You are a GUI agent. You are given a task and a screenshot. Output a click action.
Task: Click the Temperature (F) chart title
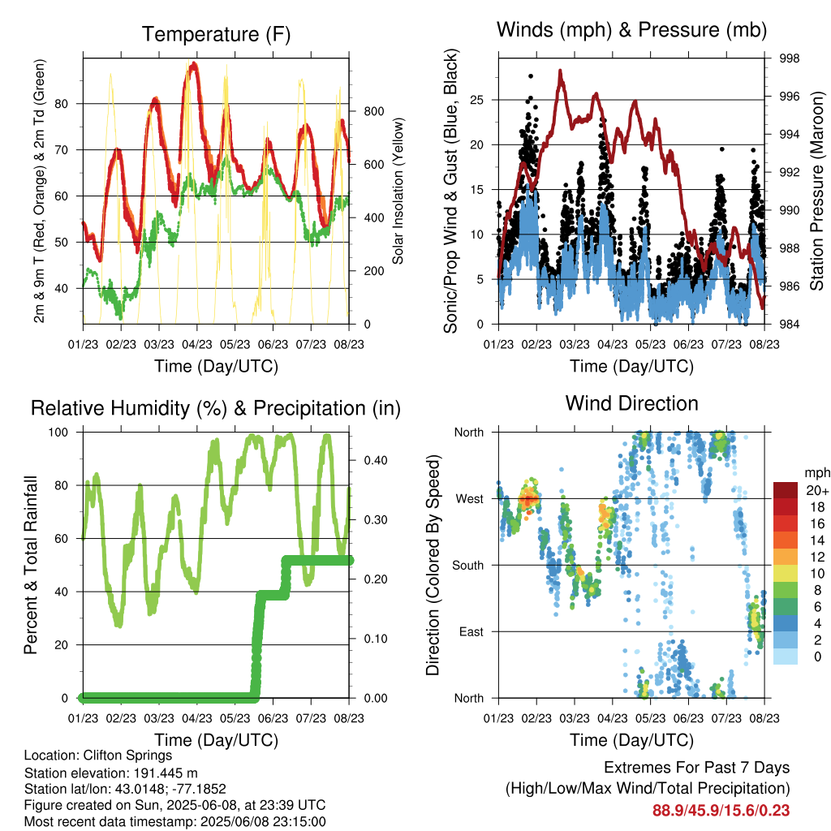(x=216, y=34)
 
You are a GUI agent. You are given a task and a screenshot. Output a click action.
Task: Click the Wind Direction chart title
(x=631, y=403)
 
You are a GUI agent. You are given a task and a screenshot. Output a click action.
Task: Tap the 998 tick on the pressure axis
(x=789, y=58)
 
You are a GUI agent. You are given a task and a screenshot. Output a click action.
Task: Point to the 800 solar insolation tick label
(x=373, y=111)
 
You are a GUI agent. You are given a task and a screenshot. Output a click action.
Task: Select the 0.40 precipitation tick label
(x=376, y=460)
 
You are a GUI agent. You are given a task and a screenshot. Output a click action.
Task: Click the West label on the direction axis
(x=470, y=499)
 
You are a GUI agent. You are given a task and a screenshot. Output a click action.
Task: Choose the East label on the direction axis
(x=471, y=631)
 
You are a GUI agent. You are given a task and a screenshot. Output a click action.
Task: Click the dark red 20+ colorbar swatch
(x=786, y=490)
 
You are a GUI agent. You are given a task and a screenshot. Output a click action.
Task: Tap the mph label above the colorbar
(x=816, y=473)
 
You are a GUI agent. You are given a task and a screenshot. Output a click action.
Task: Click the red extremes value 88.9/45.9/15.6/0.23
(x=721, y=811)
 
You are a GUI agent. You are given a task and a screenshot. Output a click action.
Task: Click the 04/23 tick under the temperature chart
(x=197, y=344)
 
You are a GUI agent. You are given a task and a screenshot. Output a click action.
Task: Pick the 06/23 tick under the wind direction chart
(x=688, y=718)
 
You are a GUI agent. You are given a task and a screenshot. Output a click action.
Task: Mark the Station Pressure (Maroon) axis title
(x=816, y=191)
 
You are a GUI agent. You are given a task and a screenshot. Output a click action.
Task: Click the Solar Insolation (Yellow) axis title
(x=398, y=191)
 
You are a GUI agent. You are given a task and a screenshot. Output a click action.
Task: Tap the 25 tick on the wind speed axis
(x=477, y=100)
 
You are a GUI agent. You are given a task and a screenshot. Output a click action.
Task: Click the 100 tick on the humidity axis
(x=58, y=432)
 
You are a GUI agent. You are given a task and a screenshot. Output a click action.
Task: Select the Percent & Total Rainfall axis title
(x=31, y=565)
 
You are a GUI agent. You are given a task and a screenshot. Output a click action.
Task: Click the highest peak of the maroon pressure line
(x=560, y=71)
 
